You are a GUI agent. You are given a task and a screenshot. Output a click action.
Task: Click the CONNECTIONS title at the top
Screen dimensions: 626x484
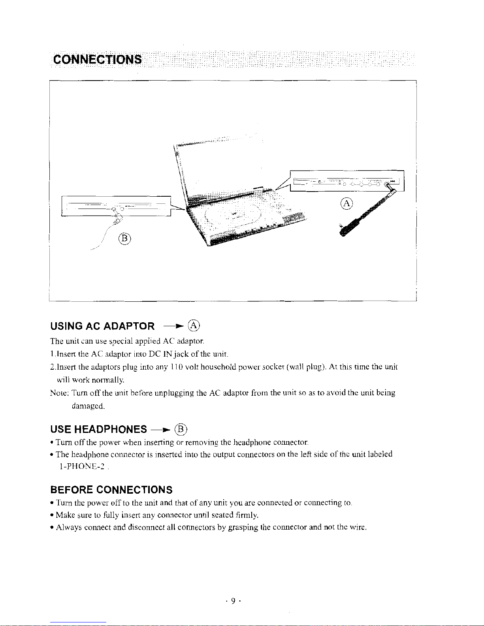point(97,60)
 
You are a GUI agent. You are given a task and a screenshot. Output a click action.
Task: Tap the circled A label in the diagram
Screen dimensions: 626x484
point(346,204)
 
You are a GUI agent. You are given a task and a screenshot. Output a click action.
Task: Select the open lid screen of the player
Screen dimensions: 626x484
point(221,166)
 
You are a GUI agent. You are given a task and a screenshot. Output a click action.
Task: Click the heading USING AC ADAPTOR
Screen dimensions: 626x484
point(102,326)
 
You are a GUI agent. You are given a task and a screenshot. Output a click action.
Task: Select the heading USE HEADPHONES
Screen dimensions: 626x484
point(98,429)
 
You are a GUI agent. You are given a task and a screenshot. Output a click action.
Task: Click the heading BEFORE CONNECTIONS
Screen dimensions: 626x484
point(111,490)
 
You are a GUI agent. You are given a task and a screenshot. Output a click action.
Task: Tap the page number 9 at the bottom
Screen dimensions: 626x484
point(233,601)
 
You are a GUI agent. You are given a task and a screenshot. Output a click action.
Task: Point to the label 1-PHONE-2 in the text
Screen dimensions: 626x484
point(81,467)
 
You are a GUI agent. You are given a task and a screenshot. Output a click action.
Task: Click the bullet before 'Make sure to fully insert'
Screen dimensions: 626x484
point(53,515)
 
